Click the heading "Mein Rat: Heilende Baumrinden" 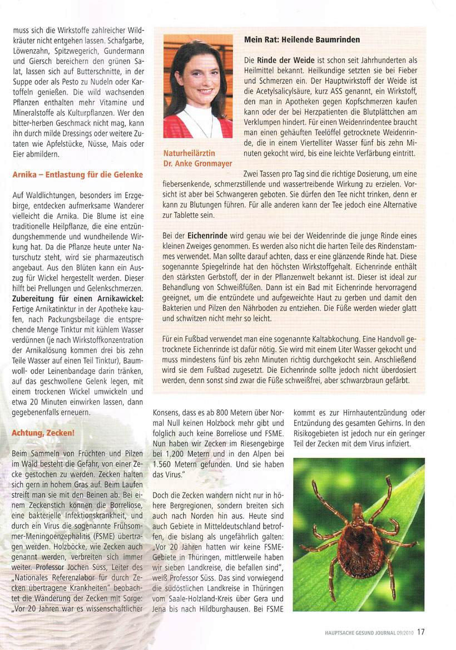pos(302,40)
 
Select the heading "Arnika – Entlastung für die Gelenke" pos(78,175)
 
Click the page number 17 pos(422,632)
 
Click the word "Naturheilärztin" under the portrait pos(189,153)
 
